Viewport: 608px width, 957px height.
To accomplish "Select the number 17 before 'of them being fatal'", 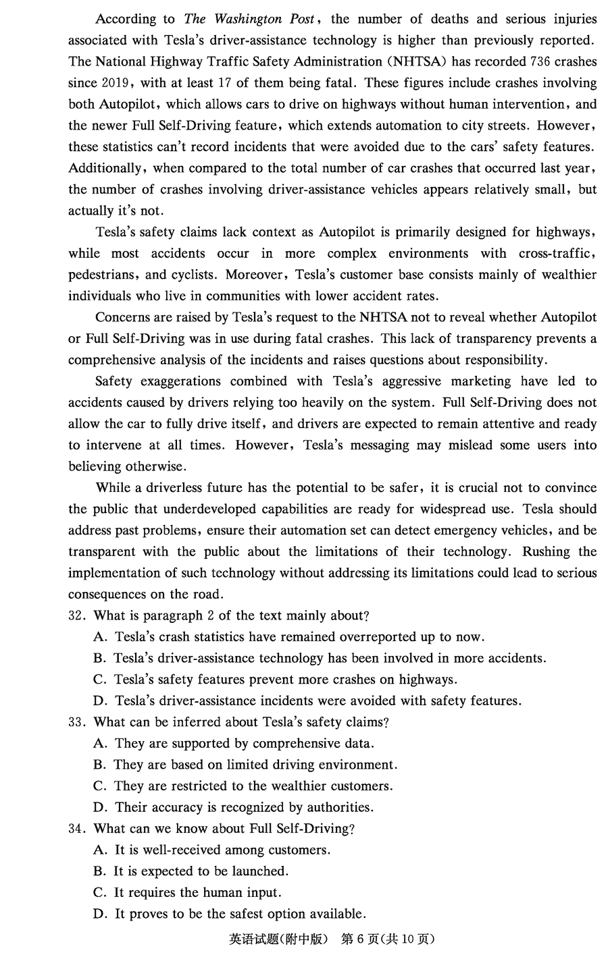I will click(x=225, y=83).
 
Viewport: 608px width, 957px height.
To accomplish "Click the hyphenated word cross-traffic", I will click(x=557, y=253).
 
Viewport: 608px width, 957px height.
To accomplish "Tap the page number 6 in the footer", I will click(x=360, y=939).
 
